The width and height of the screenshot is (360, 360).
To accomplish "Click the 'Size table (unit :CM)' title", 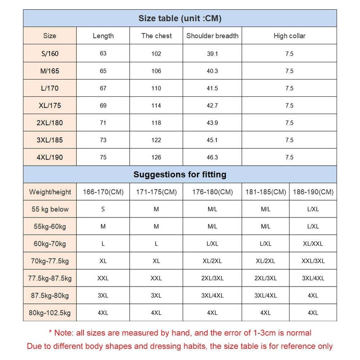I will [180, 18].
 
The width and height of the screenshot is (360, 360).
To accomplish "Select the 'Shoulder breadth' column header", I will [212, 36].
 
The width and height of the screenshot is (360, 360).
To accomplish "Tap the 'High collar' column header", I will [289, 36].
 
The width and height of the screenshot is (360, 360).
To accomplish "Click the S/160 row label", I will [50, 54].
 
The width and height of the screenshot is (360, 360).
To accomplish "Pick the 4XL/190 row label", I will [50, 157].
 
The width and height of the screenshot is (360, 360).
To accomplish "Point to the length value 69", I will [103, 105].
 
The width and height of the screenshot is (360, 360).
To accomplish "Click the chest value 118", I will [156, 123].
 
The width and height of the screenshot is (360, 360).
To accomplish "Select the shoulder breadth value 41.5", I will [212, 88].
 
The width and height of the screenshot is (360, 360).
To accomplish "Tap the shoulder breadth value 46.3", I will [212, 157].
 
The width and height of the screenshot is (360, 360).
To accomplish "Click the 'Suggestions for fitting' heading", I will [180, 175].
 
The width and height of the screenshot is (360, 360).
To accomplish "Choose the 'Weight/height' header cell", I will [50, 192].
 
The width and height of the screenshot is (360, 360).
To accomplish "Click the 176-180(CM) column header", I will [212, 192].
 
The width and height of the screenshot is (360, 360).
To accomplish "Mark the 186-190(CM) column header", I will [313, 192].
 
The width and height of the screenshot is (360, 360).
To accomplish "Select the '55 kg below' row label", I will [50, 209].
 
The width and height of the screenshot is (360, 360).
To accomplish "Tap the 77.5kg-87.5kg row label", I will [50, 278].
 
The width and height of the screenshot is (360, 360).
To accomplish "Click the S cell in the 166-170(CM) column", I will [103, 209].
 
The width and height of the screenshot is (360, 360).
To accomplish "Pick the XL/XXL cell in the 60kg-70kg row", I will [313, 244].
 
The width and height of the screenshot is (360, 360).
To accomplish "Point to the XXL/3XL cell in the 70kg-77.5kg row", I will [313, 261].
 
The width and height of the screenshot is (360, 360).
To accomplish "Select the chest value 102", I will [156, 54].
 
